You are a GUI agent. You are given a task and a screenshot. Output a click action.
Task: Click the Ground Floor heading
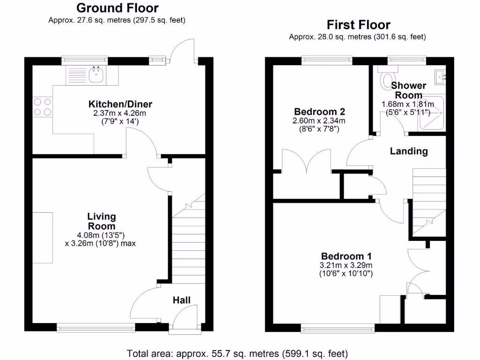(x=117, y=8)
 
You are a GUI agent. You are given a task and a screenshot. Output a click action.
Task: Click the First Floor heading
(x=358, y=24)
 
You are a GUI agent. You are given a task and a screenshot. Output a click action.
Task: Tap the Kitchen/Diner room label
(x=120, y=104)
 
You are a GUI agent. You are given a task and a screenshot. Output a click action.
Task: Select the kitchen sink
(x=97, y=74)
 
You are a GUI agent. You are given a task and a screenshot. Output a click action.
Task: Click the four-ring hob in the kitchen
(x=42, y=107)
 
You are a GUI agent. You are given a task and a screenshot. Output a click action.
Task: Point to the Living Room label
(x=101, y=221)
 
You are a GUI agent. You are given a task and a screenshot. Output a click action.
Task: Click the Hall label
(x=182, y=300)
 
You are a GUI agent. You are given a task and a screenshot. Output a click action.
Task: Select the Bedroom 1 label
(x=346, y=256)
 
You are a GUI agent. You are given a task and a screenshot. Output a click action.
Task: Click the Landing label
(x=409, y=151)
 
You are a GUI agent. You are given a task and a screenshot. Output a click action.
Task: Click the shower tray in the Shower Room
(x=435, y=112)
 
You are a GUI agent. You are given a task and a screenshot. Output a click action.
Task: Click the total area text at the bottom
(x=237, y=353)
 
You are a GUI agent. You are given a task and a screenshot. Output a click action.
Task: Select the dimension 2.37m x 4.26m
(x=120, y=113)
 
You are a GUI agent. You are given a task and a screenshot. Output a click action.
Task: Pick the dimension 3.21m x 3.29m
(x=346, y=265)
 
